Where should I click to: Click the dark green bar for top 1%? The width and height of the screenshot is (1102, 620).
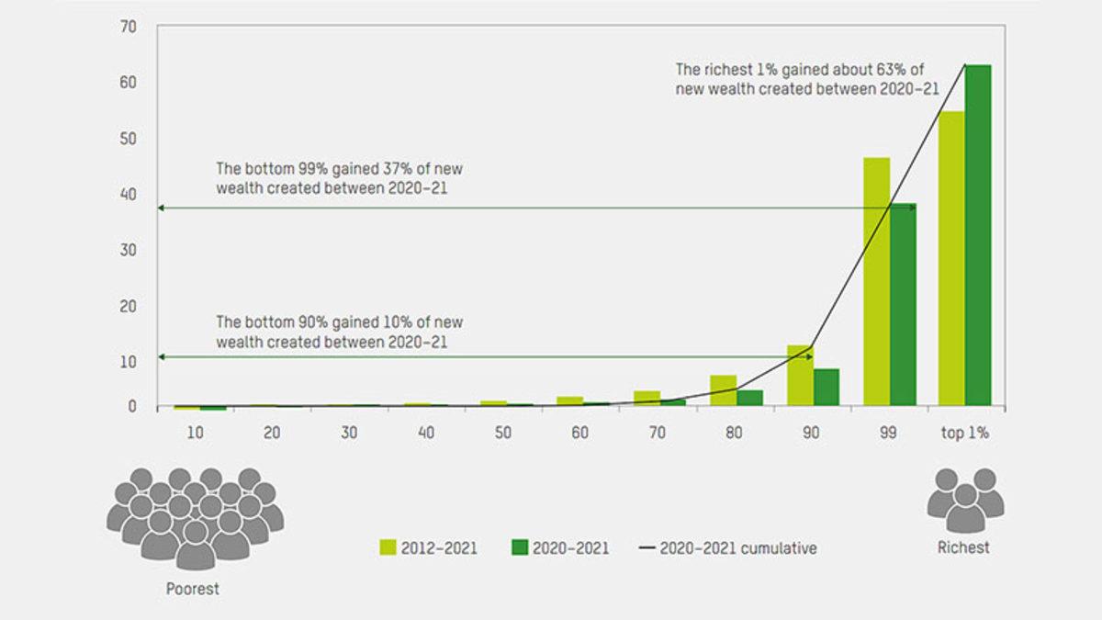(978, 235)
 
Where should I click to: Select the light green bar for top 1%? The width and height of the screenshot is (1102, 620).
(951, 258)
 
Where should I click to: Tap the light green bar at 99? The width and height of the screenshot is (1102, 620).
(877, 281)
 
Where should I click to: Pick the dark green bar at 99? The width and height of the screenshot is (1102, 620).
(904, 305)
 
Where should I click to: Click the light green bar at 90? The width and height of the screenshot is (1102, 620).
(801, 376)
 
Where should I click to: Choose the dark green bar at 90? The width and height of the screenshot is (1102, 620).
(826, 388)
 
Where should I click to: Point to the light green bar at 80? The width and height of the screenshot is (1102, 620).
(724, 390)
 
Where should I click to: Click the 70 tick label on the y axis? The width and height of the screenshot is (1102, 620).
(128, 27)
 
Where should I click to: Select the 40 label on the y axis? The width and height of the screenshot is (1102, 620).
(128, 195)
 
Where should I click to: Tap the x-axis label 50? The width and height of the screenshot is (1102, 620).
(503, 433)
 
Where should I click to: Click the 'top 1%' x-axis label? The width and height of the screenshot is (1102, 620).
(965, 433)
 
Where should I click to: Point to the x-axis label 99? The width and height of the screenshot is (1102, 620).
(888, 433)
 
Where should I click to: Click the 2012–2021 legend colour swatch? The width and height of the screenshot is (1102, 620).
(388, 547)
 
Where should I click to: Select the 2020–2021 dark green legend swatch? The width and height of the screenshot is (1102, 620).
(520, 547)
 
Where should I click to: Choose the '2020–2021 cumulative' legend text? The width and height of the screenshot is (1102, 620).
(738, 547)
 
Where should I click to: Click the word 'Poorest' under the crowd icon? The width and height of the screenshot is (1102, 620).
(192, 589)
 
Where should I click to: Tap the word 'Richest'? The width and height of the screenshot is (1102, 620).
(963, 547)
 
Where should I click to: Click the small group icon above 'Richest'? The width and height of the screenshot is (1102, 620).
(965, 501)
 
